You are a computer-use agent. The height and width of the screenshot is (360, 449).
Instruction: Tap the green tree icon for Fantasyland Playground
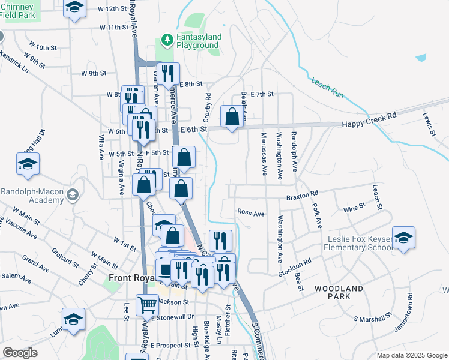coord(167,40)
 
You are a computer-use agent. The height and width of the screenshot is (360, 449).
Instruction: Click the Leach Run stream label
coord(327,88)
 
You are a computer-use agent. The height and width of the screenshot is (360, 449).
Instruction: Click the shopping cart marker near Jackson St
coord(147,305)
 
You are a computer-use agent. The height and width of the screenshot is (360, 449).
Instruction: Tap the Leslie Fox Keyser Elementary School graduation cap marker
coord(404,237)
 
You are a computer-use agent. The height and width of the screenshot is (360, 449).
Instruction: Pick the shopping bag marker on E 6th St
coord(232,116)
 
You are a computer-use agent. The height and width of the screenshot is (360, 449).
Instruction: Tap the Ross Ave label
coord(251,212)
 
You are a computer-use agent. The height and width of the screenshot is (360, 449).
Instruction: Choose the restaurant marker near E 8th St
coord(168,74)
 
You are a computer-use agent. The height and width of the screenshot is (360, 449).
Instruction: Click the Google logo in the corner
coord(20,353)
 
